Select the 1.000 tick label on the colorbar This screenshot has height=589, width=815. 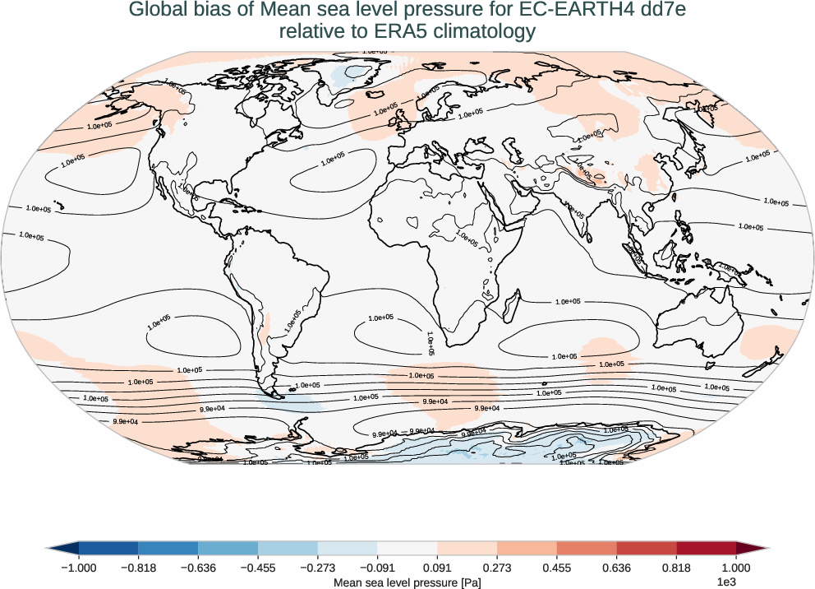coord(736,568)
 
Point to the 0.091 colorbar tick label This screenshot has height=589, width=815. coord(437,568)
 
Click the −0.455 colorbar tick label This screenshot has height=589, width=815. coord(258,568)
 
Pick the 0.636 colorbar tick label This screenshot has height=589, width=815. coord(616,568)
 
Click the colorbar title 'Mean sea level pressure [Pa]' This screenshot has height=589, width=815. coord(407,582)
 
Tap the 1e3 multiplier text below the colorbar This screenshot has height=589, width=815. coord(725,582)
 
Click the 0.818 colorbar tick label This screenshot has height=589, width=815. coord(676,568)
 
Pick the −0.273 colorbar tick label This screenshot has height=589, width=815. coord(318,568)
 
